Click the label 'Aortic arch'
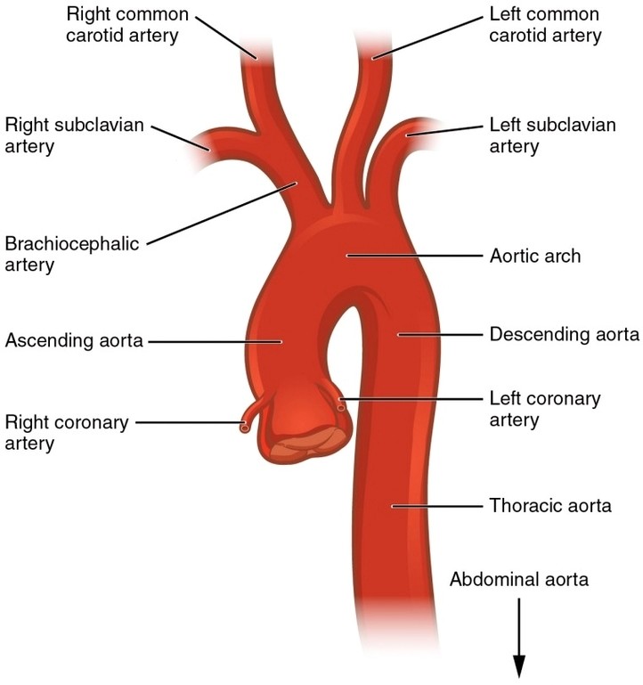[534, 257]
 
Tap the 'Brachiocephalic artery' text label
[71, 254]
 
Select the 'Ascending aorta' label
[73, 340]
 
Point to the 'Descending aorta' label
[564, 336]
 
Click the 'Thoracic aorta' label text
[550, 506]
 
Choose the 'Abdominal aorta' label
[519, 580]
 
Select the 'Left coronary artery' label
[545, 408]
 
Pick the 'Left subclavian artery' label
[552, 135]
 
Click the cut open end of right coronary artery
[244, 428]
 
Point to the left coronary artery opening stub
[341, 408]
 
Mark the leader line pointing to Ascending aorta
[214, 340]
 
